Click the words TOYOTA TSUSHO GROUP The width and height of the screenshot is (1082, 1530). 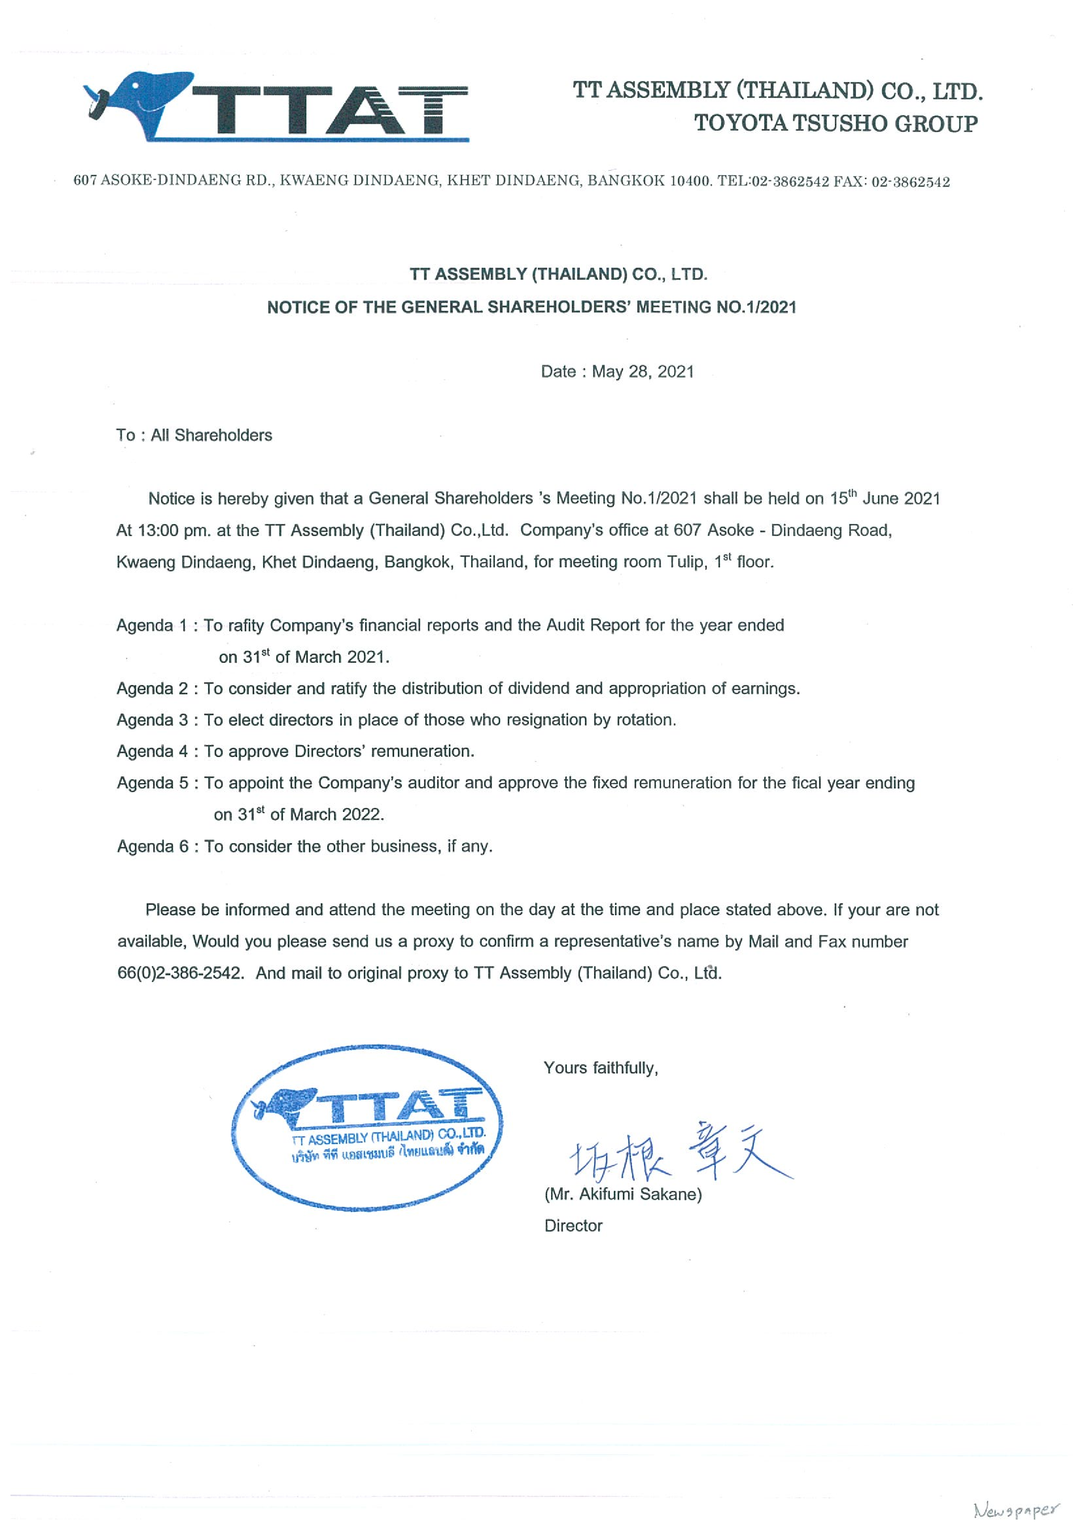836,123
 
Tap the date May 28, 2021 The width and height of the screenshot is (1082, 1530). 643,372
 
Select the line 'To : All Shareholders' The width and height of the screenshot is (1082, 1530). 194,435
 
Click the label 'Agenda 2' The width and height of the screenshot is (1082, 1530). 153,688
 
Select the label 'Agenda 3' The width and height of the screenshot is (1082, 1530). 153,720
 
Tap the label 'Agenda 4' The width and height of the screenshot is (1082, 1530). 153,751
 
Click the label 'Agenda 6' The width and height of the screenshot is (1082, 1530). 153,847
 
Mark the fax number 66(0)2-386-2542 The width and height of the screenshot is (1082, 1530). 179,973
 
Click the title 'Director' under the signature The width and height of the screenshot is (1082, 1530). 573,1225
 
